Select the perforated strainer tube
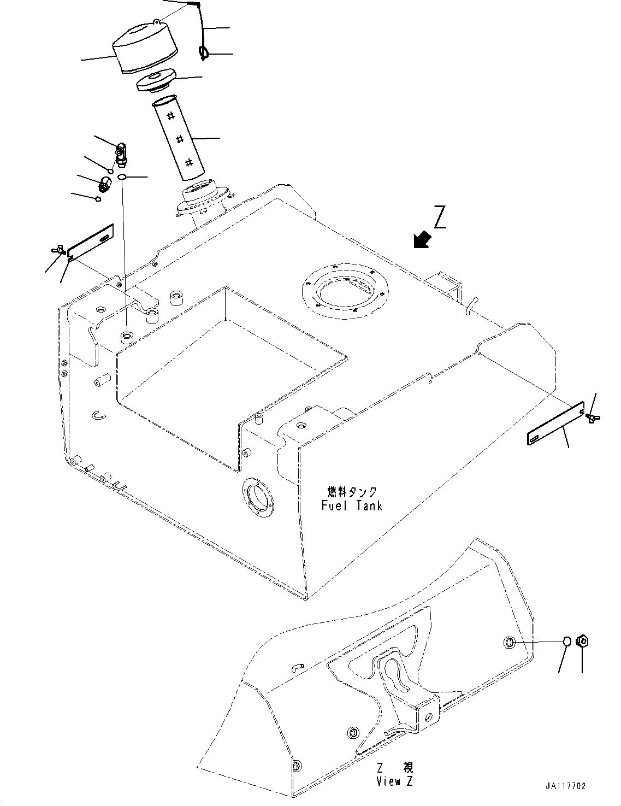pyautogui.click(x=177, y=138)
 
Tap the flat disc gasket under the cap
pyautogui.click(x=155, y=81)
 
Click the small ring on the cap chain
pyautogui.click(x=203, y=52)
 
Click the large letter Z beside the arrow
pyautogui.click(x=440, y=216)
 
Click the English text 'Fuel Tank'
pyautogui.click(x=352, y=505)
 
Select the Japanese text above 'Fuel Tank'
pyautogui.click(x=352, y=492)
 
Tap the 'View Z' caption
pyautogui.click(x=394, y=781)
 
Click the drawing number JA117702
pyautogui.click(x=565, y=786)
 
